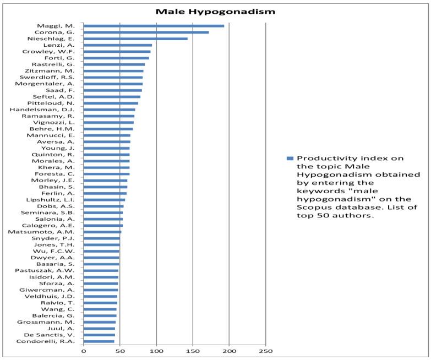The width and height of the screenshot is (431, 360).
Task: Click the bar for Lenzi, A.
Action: (x=117, y=45)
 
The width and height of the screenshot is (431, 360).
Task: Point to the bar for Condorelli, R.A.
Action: (x=99, y=341)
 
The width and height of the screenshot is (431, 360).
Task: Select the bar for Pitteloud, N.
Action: (x=111, y=103)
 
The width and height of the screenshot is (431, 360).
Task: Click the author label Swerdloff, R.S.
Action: (x=54, y=77)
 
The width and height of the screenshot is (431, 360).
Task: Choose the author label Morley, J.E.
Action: (x=61, y=180)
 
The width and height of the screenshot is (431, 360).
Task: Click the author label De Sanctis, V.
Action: (x=58, y=335)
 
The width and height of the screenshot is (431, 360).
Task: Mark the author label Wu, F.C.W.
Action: (x=63, y=251)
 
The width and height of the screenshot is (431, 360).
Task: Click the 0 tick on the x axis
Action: (x=84, y=350)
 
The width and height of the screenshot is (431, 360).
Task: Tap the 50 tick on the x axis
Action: (x=120, y=350)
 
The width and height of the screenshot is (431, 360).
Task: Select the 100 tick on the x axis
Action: (x=156, y=350)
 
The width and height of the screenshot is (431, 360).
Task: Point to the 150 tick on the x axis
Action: (x=193, y=350)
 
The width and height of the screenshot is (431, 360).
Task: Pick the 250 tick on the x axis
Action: (x=266, y=350)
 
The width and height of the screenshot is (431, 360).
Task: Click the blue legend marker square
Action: (x=288, y=159)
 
